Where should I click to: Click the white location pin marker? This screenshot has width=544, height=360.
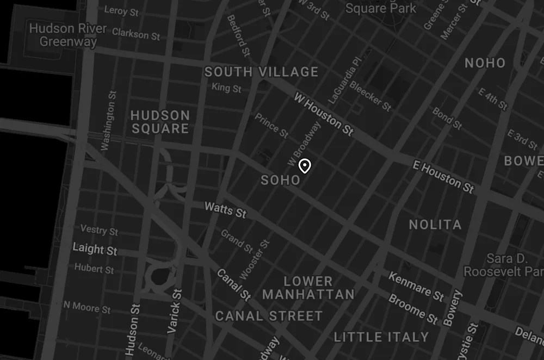point(305,166)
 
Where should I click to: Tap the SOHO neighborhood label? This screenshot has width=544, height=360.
point(280,180)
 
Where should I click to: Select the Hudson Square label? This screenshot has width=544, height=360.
point(160,122)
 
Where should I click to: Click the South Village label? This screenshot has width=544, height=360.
point(261,72)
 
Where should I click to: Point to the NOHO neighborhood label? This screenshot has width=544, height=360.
point(485,63)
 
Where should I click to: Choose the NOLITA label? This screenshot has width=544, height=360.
point(435,225)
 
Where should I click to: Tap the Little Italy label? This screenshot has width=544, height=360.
point(381,337)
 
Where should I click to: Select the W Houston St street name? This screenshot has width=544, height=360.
point(324,114)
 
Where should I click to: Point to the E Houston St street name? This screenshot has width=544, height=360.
point(443,176)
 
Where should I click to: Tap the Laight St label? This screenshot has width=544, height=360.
point(95,250)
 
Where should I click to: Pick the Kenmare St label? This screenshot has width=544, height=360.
point(416,286)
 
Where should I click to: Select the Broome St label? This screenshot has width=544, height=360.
point(413,309)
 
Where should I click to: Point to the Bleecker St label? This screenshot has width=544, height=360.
point(370,96)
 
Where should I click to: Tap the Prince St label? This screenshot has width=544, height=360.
point(271,126)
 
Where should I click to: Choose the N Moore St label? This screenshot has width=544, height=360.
point(87,307)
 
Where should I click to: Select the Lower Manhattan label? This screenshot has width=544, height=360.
point(308,288)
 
